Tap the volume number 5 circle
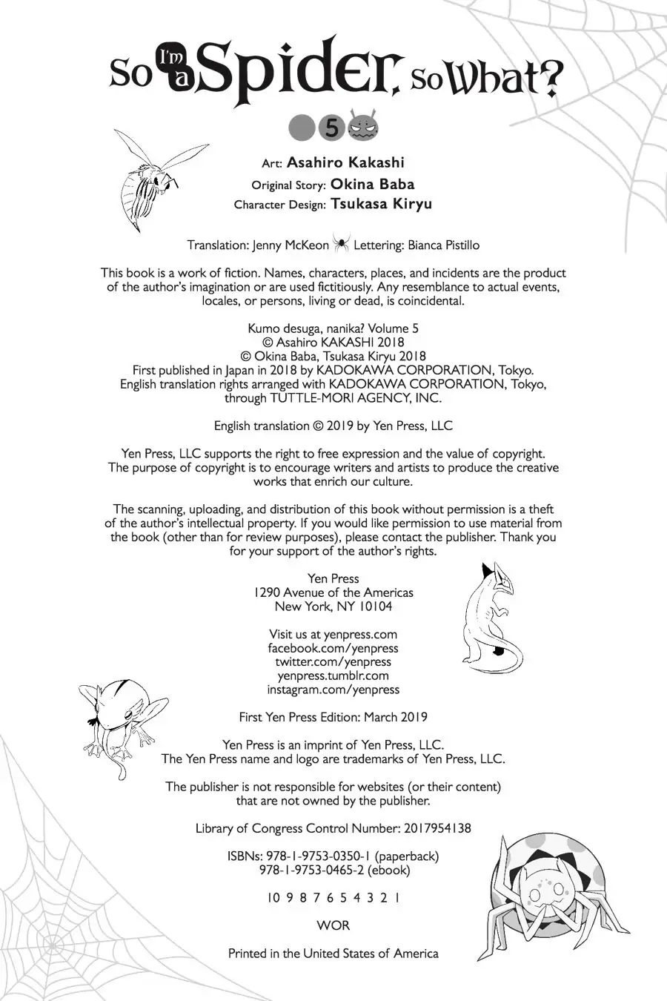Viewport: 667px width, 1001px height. (x=331, y=128)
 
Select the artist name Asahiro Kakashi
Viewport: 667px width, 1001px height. (x=345, y=162)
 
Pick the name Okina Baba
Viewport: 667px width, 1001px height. (x=372, y=184)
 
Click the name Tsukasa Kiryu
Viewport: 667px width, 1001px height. (x=381, y=204)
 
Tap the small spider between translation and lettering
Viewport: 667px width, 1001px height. (x=341, y=244)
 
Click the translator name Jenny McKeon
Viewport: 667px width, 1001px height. (x=291, y=245)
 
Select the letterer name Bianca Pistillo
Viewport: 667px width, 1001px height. (x=442, y=245)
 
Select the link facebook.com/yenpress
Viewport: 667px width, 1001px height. (x=333, y=648)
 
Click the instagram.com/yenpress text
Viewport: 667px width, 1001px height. (x=333, y=690)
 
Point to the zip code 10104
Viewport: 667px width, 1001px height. (x=376, y=607)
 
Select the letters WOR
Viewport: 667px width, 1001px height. (x=333, y=925)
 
